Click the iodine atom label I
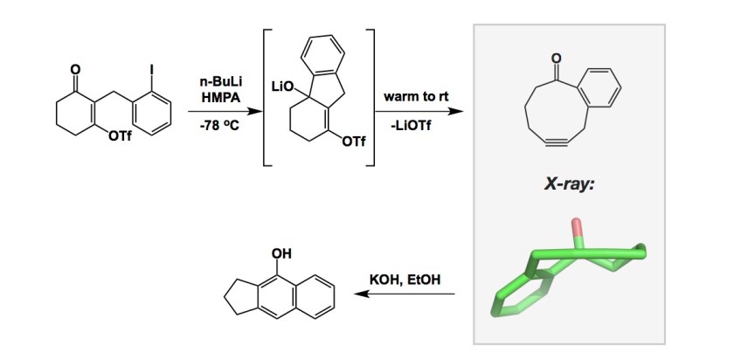tap(152, 70)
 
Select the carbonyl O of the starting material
tap(75, 70)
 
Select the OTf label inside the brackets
tap(354, 142)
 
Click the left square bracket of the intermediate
tap(267, 97)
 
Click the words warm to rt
tap(416, 97)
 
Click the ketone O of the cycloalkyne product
tap(557, 59)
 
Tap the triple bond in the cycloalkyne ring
tap(556, 142)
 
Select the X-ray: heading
tap(569, 184)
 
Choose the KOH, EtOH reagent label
tap(405, 280)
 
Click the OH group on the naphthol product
tap(281, 253)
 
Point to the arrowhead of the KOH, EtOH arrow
tap(361, 294)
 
